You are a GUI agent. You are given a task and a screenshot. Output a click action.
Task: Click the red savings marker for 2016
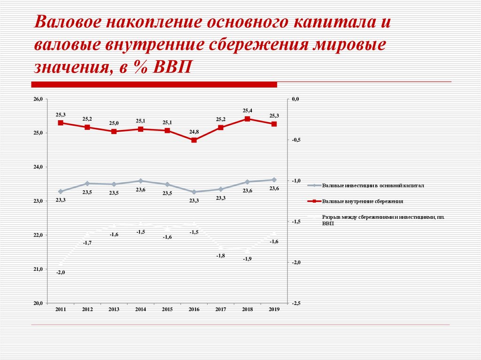pos(194,140)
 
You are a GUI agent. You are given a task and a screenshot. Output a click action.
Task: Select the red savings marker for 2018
pos(248,119)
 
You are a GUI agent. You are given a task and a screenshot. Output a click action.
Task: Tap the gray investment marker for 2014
pos(140,181)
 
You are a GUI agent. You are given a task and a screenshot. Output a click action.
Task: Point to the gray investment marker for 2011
pos(61,191)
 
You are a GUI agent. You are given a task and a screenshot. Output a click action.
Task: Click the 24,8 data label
pos(194,132)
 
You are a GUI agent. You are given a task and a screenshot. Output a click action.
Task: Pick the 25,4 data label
pos(248,110)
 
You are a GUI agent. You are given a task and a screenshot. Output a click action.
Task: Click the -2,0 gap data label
pos(61,272)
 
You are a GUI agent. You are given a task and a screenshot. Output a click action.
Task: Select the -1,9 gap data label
pos(247,259)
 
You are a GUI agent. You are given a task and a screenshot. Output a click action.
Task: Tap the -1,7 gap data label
pos(87,242)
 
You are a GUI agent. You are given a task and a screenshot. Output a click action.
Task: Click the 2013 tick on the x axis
pos(114,309)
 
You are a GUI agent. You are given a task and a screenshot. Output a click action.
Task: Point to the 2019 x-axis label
pos(274,309)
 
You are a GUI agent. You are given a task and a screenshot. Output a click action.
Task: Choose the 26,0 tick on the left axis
pos(38,99)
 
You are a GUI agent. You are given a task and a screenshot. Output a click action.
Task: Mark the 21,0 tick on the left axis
pos(38,269)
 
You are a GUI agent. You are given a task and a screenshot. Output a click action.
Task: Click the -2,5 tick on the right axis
pos(295,303)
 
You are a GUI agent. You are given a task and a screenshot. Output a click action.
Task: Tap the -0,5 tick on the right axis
pos(295,140)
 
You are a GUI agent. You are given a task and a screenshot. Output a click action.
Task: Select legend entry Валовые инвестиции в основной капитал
pos(373,185)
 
